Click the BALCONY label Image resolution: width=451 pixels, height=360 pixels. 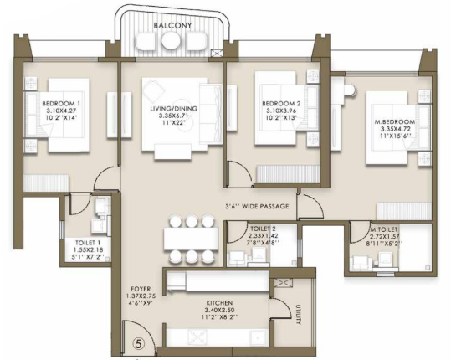(x=172, y=25)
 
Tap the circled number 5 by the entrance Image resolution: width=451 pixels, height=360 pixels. (x=139, y=343)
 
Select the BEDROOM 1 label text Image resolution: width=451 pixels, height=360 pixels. (x=61, y=104)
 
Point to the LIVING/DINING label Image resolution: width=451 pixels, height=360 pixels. (x=174, y=109)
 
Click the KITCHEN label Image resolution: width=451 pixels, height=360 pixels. (x=219, y=303)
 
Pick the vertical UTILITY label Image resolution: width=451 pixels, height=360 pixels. (x=298, y=315)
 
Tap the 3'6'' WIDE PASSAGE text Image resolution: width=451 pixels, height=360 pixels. (x=257, y=206)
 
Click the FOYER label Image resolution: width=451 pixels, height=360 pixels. (x=141, y=289)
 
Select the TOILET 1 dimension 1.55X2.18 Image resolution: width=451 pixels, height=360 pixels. (x=89, y=249)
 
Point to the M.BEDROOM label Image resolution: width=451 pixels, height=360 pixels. (x=395, y=121)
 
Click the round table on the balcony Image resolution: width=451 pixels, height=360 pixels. (x=171, y=40)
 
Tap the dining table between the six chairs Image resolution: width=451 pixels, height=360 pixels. (x=191, y=239)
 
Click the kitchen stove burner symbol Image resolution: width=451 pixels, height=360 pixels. (x=197, y=337)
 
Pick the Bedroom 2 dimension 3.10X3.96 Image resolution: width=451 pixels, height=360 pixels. (x=281, y=111)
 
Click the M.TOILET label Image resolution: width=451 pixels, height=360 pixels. (x=384, y=229)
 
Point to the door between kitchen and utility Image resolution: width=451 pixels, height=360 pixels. (x=279, y=308)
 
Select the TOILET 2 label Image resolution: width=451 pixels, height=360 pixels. (x=263, y=229)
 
